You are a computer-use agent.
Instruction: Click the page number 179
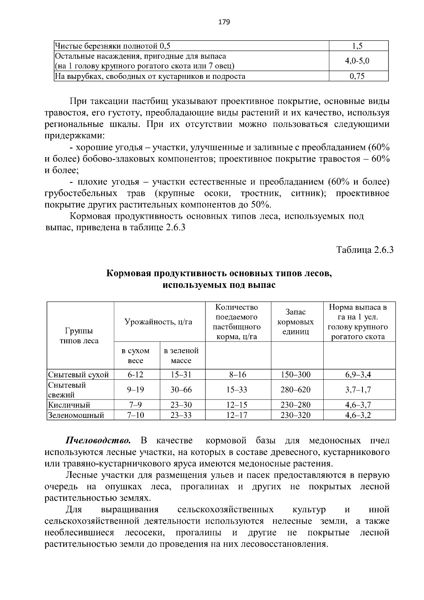pos(224,22)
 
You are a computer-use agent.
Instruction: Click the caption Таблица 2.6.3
pos(365,250)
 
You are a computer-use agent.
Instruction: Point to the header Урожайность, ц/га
pos(158,322)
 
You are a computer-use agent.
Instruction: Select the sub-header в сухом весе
pos(135,356)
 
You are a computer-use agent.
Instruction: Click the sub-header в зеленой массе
pos(181,356)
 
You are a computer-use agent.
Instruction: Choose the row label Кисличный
pos(69,405)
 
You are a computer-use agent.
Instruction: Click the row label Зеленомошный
pos(76,415)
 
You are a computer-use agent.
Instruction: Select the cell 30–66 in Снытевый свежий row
pos(181,390)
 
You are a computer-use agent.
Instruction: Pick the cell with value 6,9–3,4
pos(358,375)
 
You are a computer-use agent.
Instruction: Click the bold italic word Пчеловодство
pos(98,441)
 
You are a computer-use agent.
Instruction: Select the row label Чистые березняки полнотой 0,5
pos(112,46)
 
